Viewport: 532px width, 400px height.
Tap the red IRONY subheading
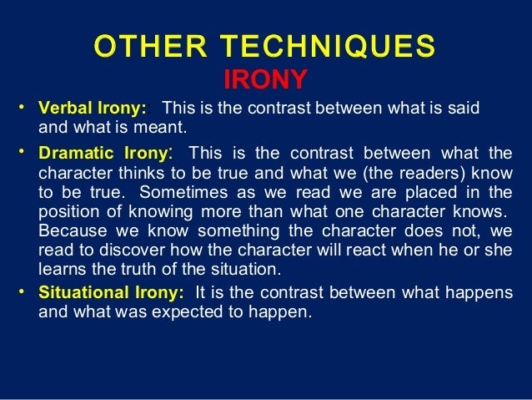click(266, 80)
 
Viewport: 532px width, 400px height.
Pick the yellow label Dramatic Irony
click(104, 154)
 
